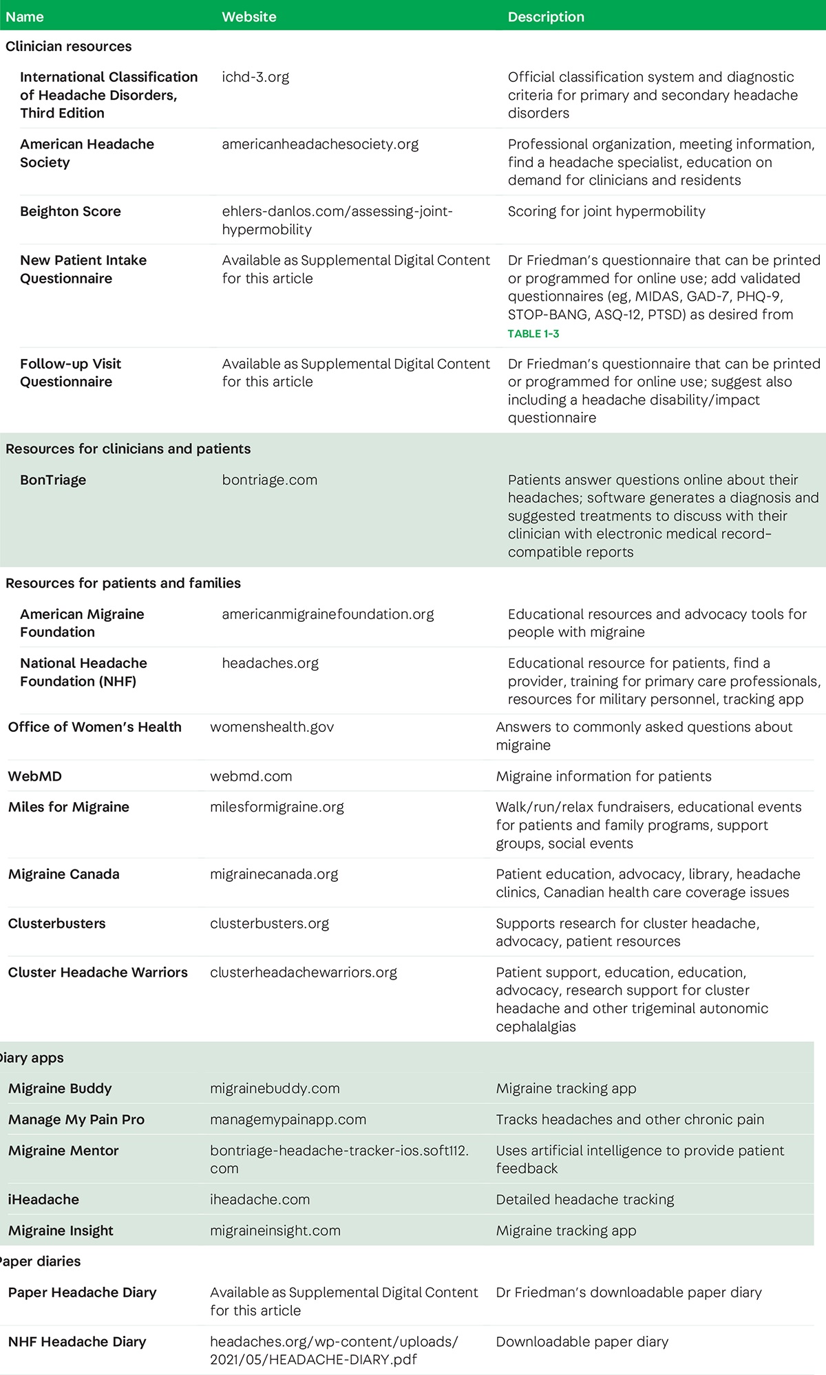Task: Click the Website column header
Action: pos(248,17)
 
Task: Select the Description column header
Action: pos(546,17)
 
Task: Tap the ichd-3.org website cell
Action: pos(255,77)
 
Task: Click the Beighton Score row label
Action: pos(70,211)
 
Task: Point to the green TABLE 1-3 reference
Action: pos(533,334)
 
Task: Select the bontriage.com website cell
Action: pos(269,480)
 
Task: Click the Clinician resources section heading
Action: pos(68,47)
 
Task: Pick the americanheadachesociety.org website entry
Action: pos(320,144)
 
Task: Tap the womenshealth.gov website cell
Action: pos(272,727)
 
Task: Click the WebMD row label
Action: pos(35,776)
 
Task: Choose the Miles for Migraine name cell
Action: pos(69,807)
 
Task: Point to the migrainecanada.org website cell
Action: pos(274,874)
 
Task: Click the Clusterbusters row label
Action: pos(57,923)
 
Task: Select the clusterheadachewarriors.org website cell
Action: pos(304,972)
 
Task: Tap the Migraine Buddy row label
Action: pos(60,1088)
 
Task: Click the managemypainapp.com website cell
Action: pos(288,1119)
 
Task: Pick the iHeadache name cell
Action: pos(43,1199)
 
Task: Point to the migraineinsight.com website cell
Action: pos(275,1230)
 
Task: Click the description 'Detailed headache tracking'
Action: pos(585,1199)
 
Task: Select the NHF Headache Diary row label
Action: pos(77,1341)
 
